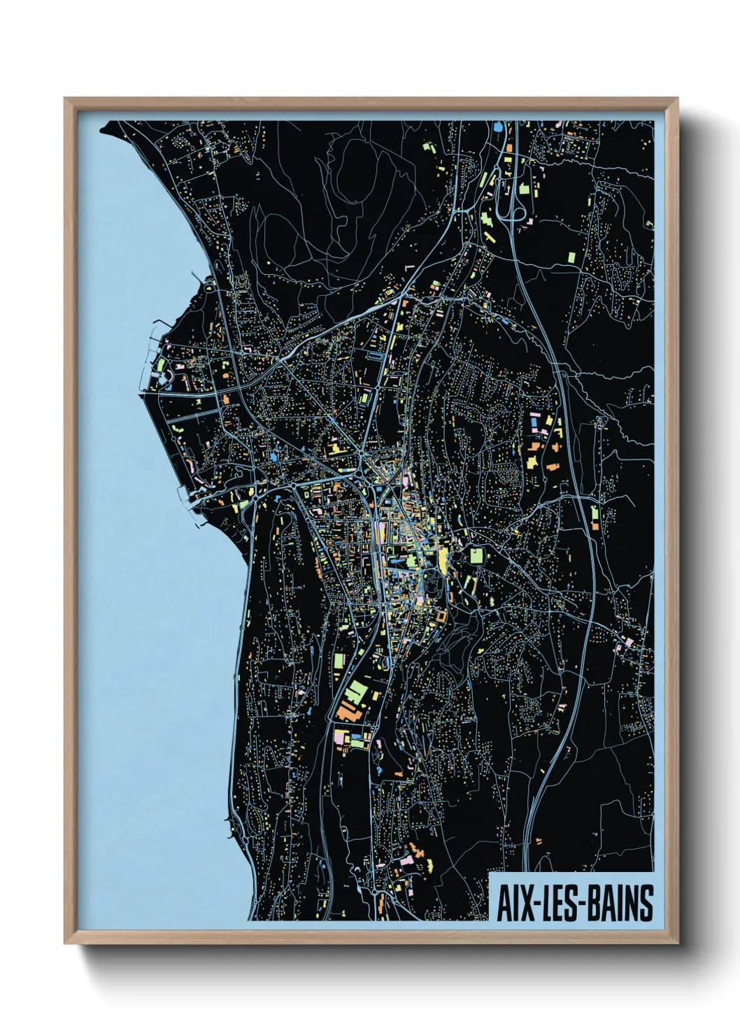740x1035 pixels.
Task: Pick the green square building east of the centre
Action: click(476, 556)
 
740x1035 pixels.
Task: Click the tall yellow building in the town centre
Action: click(443, 559)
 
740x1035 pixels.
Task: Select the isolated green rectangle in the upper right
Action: click(570, 257)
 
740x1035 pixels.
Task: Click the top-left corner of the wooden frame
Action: click(65, 99)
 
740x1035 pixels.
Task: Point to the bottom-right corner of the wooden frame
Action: click(677, 943)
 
